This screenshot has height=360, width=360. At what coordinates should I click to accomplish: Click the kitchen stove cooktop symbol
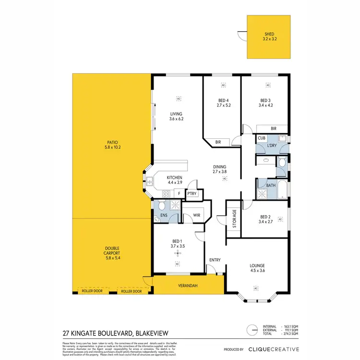pyautogui.click(x=167, y=194)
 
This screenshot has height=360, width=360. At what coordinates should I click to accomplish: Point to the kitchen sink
pyautogui.click(x=150, y=181)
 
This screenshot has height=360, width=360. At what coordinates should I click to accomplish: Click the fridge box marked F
pyautogui.click(x=179, y=194)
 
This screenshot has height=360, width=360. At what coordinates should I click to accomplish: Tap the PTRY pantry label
pyautogui.click(x=192, y=194)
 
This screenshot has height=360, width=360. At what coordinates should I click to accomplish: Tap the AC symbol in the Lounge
pyautogui.click(x=256, y=288)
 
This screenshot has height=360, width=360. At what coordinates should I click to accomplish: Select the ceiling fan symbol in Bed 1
pyautogui.click(x=178, y=252)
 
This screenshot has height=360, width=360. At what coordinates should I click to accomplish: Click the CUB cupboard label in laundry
pyautogui.click(x=262, y=138)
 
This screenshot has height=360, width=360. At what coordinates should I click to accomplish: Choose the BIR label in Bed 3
pyautogui.click(x=273, y=129)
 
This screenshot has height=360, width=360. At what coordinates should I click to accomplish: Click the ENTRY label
pyautogui.click(x=215, y=260)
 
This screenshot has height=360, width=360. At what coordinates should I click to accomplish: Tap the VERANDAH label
pyautogui.click(x=188, y=286)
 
